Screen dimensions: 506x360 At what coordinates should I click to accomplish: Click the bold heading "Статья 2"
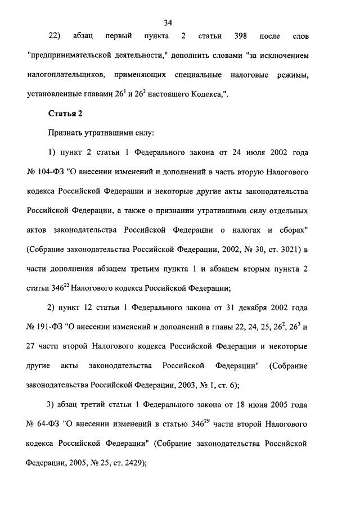click(66, 113)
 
